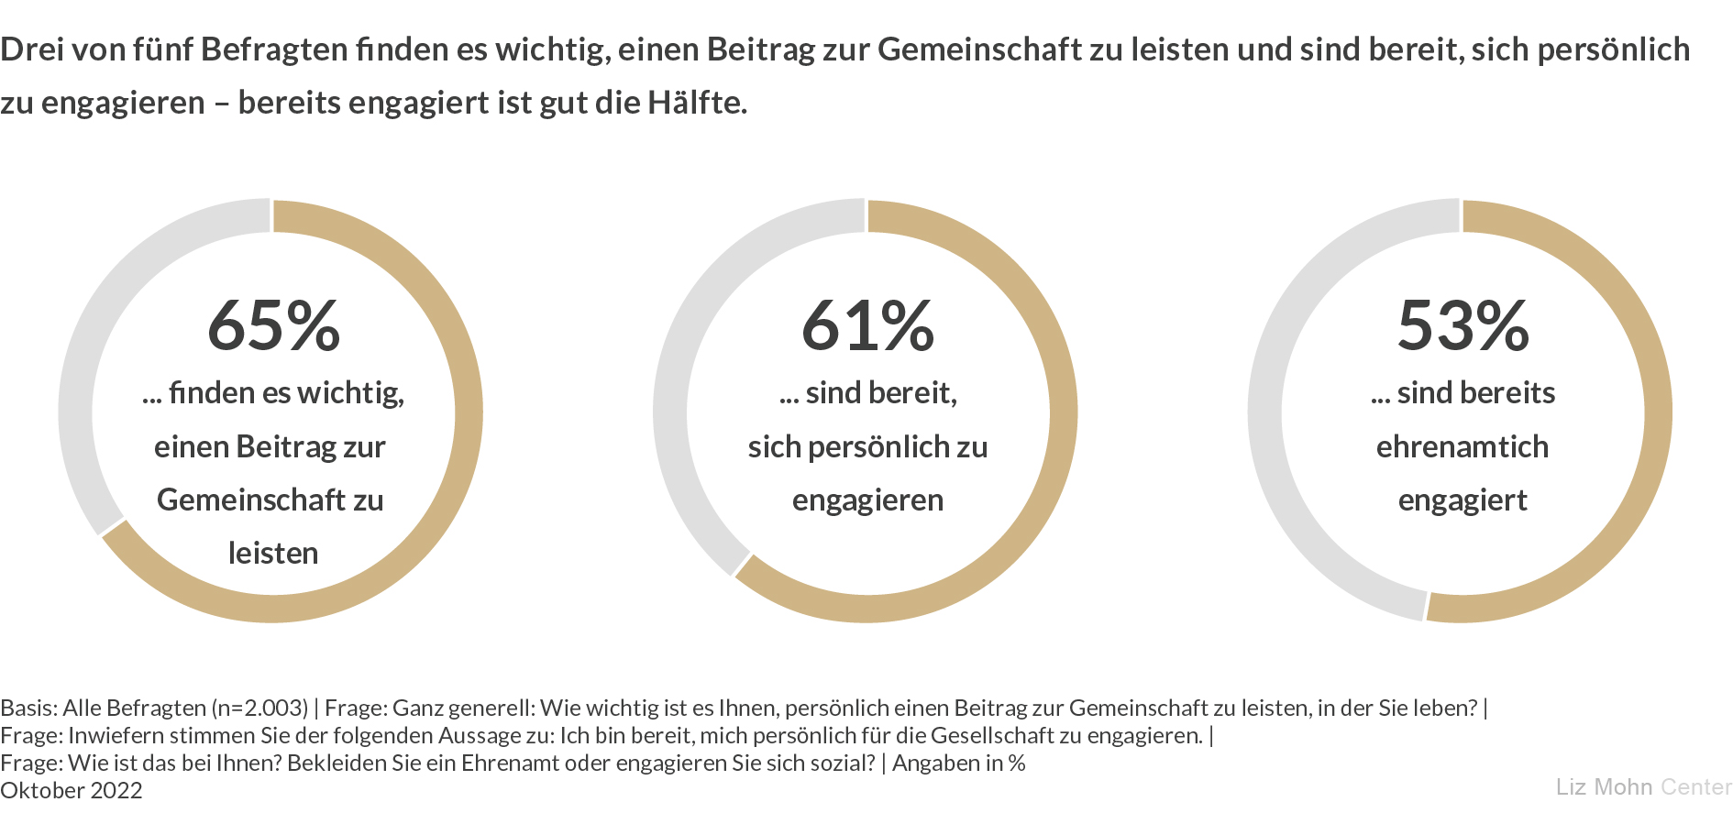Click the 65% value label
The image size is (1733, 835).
click(273, 325)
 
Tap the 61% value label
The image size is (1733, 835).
click(867, 325)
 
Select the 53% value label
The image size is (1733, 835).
click(1463, 325)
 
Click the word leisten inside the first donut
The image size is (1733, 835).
click(273, 554)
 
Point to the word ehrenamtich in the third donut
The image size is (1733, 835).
click(1463, 447)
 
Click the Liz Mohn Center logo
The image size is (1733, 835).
click(1643, 787)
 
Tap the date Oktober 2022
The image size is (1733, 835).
click(72, 790)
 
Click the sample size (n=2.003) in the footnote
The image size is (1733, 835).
click(259, 708)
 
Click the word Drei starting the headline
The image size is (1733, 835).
click(31, 49)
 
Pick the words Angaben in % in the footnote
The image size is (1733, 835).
click(958, 763)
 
